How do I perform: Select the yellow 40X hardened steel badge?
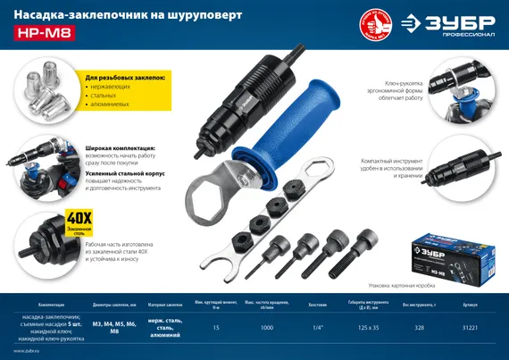click(79, 222)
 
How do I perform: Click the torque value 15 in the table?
click(215, 329)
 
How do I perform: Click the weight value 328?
click(418, 329)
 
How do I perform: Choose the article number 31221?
click(471, 329)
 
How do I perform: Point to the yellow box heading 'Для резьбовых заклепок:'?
click(125, 79)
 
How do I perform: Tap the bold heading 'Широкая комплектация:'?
click(121, 148)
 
